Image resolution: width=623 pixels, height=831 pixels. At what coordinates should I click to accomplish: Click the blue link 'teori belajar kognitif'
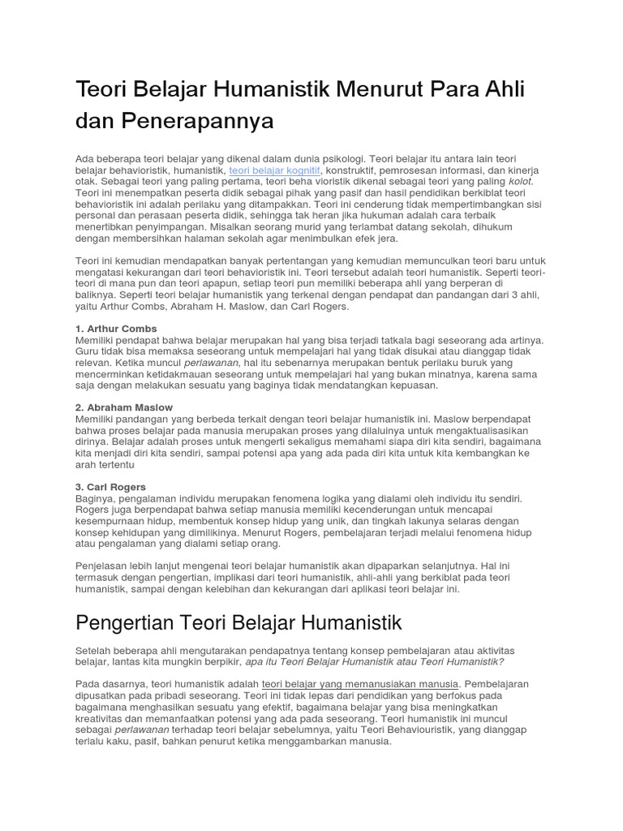275,171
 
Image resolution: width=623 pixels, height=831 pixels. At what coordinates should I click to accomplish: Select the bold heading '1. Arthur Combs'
116,329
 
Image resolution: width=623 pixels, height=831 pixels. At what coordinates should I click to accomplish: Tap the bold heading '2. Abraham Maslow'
123,407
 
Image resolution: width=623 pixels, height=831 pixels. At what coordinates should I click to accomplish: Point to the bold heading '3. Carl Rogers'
110,487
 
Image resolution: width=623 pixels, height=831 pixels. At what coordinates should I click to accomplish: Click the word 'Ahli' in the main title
505,89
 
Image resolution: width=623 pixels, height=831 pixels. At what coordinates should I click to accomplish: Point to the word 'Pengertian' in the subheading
131,624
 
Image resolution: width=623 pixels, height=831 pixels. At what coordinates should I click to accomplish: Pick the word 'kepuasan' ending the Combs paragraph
393,386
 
